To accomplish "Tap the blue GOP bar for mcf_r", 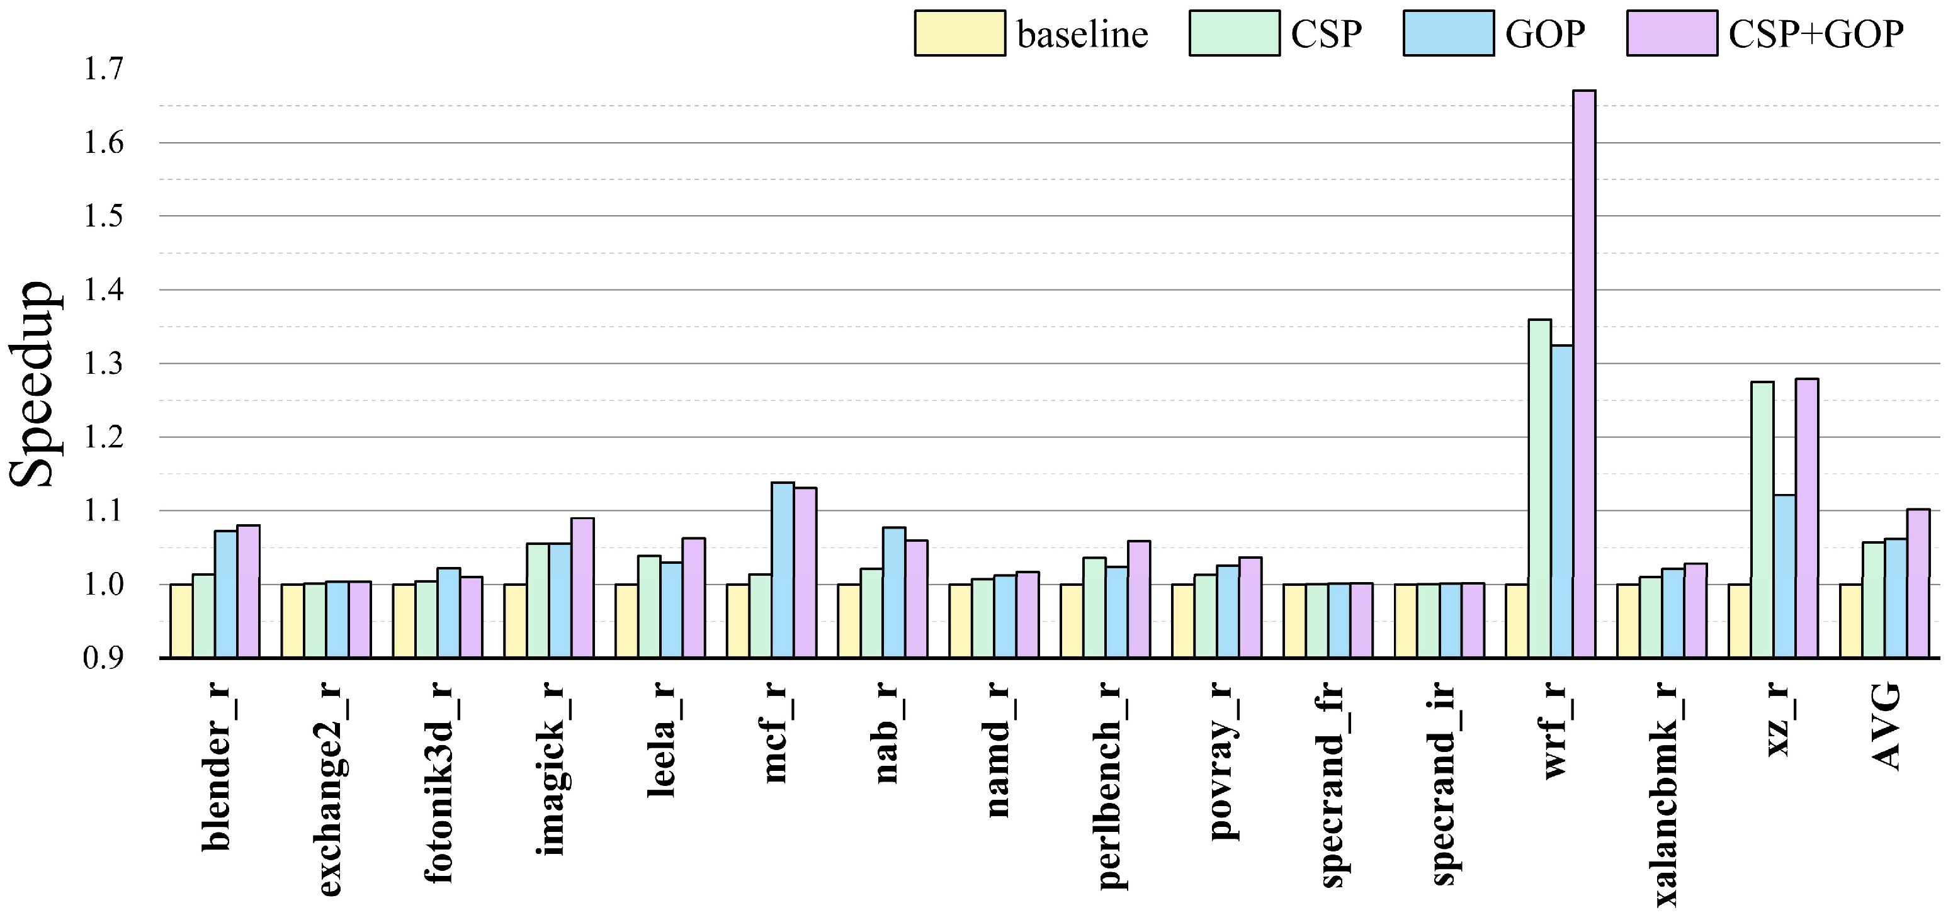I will pyautogui.click(x=783, y=570).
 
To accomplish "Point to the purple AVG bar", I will pyautogui.click(x=1918, y=583).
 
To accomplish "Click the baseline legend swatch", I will pyautogui.click(x=960, y=33).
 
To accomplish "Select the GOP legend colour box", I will pyautogui.click(x=1448, y=33).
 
